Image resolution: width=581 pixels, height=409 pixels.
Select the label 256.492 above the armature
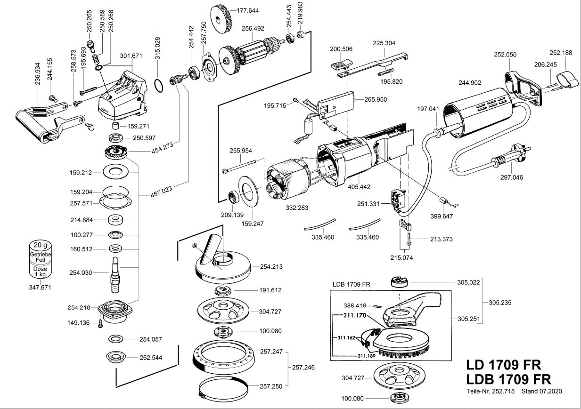click(x=253, y=28)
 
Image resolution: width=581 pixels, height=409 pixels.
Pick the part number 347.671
click(x=41, y=287)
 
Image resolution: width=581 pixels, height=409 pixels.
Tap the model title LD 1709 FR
click(x=504, y=365)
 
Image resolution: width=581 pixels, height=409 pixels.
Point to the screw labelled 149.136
click(x=100, y=323)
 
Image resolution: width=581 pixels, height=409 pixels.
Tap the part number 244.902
click(x=469, y=83)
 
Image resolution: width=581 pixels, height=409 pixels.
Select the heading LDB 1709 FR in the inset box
click(x=351, y=284)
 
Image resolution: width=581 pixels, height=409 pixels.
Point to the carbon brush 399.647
click(x=442, y=201)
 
